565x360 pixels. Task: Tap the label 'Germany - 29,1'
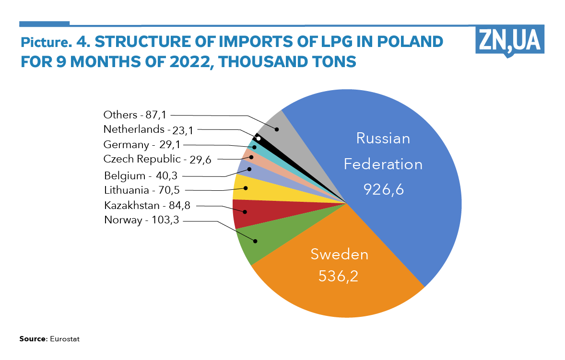coord(139,144)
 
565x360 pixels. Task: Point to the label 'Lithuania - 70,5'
coord(142,190)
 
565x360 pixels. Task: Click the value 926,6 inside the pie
coord(384,190)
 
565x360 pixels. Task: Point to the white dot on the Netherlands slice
coord(259,139)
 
